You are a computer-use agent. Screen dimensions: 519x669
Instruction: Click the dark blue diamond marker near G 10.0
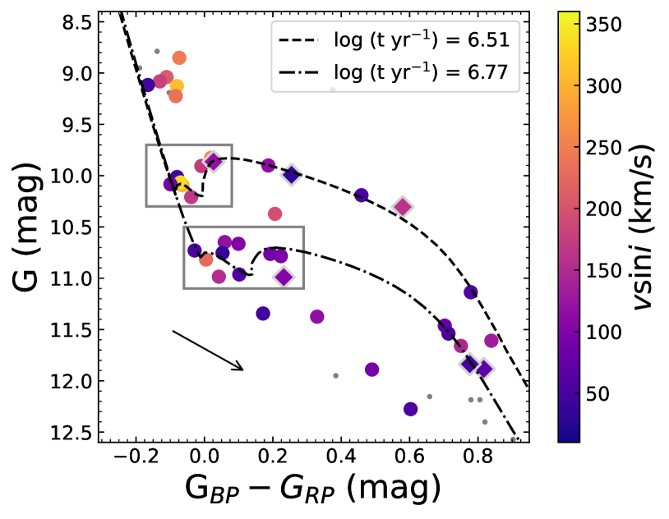(x=292, y=174)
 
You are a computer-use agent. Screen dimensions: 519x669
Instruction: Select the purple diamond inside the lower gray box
(x=284, y=277)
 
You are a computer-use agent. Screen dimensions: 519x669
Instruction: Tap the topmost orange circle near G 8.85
(x=179, y=57)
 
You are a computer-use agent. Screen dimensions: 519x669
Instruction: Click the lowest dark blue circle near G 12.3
(x=411, y=409)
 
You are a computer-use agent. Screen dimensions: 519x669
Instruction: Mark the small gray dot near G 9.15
(x=333, y=89)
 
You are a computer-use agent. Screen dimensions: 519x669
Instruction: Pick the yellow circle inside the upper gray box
(x=182, y=184)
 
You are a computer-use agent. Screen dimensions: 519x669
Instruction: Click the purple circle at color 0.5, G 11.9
(x=371, y=370)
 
